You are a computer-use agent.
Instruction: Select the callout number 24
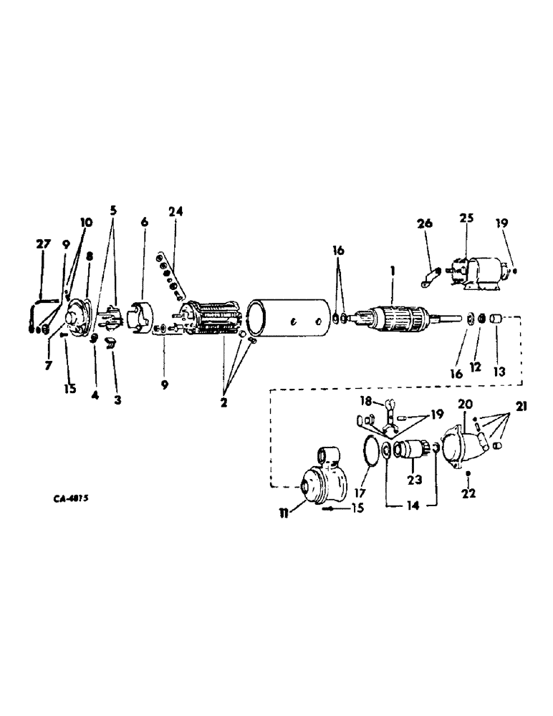point(176,212)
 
